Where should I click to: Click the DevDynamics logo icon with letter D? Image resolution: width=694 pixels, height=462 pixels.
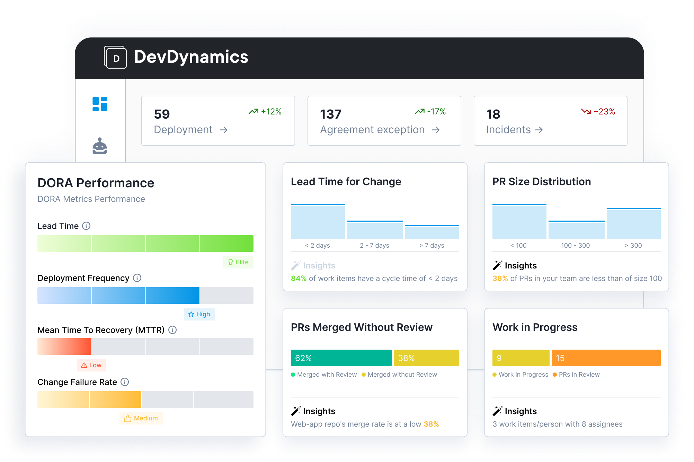point(115,57)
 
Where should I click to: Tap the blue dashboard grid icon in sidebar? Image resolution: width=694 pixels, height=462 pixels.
point(100,104)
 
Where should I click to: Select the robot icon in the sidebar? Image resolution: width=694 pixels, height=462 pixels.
point(100,146)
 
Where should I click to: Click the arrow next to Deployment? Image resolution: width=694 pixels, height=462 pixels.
point(224,130)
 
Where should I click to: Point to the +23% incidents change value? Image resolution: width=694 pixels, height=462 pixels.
point(604,112)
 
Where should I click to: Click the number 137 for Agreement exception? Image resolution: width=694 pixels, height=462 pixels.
point(331,114)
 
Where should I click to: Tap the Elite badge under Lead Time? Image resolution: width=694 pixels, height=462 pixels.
point(238,262)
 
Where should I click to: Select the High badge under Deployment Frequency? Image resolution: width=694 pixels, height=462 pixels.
point(199,314)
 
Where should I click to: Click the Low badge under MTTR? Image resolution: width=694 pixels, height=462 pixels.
point(91,365)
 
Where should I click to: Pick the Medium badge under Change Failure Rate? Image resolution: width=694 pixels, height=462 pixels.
point(141,418)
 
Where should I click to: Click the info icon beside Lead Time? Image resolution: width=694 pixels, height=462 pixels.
point(86,226)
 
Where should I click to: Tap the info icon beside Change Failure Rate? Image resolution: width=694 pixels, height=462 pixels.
point(125,382)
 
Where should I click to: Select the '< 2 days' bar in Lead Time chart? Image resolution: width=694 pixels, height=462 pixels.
point(318,222)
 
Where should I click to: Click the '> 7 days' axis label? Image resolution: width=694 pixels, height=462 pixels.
point(431,246)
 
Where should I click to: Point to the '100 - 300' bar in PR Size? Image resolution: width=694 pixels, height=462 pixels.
point(576,230)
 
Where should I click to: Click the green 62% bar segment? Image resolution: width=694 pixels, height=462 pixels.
point(341,358)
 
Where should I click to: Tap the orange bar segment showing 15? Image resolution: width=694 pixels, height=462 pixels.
point(606,358)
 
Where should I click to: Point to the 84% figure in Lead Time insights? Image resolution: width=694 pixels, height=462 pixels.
point(299,279)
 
